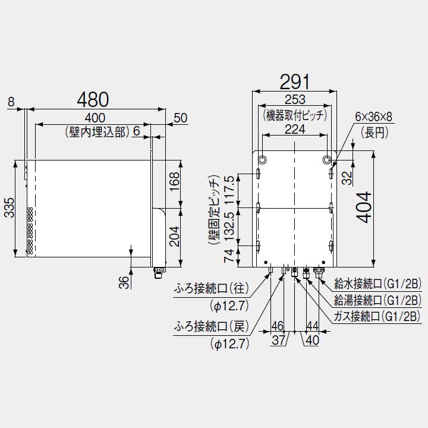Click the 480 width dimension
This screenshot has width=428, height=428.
pyautogui.click(x=93, y=99)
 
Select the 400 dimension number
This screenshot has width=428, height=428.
pyautogui.click(x=95, y=118)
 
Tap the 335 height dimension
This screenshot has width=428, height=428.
pyautogui.click(x=10, y=208)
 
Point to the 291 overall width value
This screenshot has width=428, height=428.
pyautogui.click(x=295, y=81)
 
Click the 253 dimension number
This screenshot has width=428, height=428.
pyautogui.click(x=295, y=100)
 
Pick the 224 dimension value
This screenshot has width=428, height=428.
pyautogui.click(x=295, y=130)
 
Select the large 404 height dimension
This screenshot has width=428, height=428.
pyautogui.click(x=364, y=207)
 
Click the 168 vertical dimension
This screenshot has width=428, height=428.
pyautogui.click(x=174, y=181)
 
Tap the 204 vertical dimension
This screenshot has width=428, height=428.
pyautogui.click(x=174, y=237)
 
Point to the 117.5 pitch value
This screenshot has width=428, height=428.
pyautogui.click(x=229, y=190)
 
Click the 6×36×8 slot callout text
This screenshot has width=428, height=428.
pyautogui.click(x=373, y=117)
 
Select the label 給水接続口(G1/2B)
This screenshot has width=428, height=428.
pyautogui.click(x=378, y=284)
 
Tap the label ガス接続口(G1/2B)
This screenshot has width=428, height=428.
pyautogui.click(x=377, y=317)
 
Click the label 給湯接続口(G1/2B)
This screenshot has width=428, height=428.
pyautogui.click(x=378, y=300)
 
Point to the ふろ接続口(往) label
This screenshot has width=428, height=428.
pyautogui.click(x=212, y=288)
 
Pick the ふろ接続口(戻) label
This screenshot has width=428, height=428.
pyautogui.click(x=212, y=326)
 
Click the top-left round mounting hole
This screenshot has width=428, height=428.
pyautogui.click(x=262, y=160)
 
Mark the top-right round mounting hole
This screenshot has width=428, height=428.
pyautogui.click(x=327, y=160)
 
